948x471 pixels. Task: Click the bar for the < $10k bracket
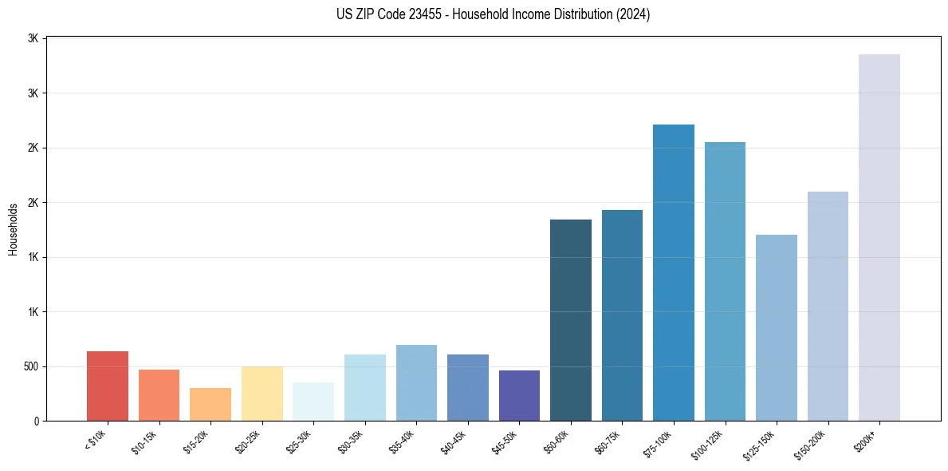[108, 386]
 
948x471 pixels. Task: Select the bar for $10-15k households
[159, 395]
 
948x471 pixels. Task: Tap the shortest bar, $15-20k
[210, 405]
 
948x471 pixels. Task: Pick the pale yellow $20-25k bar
[262, 394]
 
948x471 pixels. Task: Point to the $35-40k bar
[416, 383]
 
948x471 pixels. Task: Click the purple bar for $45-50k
[519, 396]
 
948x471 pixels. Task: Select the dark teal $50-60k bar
[571, 320]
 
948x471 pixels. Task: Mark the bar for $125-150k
[777, 328]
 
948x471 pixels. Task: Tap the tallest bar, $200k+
[879, 238]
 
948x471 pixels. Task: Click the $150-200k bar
[828, 307]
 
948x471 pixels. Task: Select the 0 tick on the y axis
[36, 422]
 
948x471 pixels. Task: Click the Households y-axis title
[14, 229]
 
